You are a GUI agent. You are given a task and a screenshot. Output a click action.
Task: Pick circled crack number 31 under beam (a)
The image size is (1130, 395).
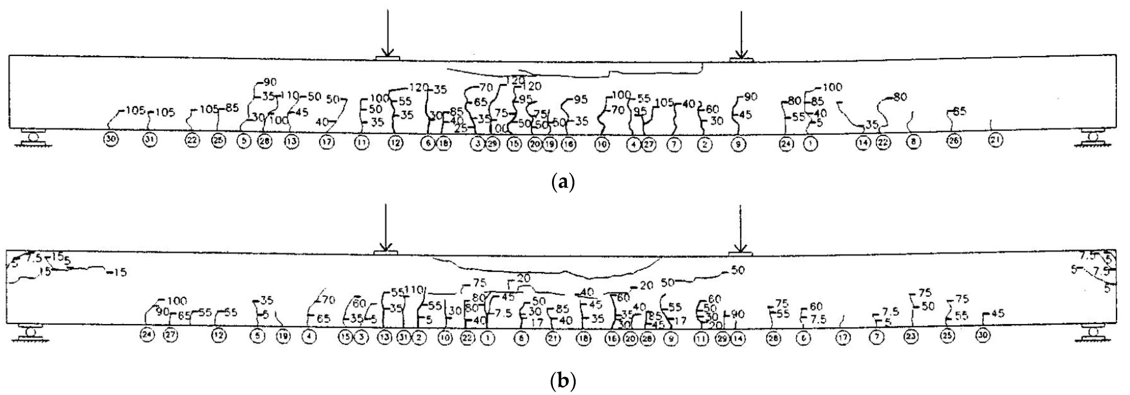click(x=150, y=140)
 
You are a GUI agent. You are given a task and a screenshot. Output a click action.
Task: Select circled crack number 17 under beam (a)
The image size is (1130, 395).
click(x=326, y=142)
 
